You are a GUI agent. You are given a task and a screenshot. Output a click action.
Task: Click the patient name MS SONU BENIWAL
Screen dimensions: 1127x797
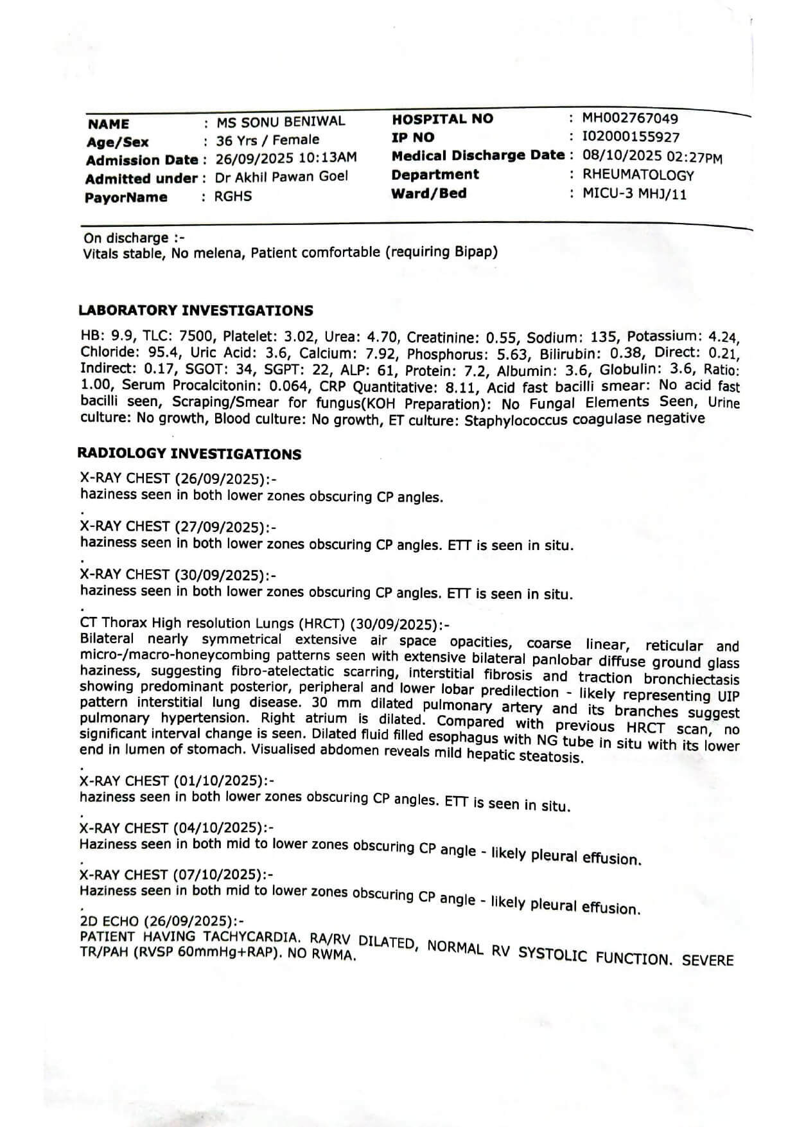280,121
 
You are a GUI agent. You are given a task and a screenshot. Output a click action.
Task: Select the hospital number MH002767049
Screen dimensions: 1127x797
629,118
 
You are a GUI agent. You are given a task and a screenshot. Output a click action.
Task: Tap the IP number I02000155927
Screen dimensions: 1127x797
630,137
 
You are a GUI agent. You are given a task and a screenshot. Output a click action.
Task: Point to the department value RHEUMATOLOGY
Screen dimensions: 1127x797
638,175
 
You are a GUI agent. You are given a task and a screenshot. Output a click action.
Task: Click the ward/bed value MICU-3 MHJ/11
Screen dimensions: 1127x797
634,194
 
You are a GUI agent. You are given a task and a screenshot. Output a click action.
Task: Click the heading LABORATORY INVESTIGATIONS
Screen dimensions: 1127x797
196,311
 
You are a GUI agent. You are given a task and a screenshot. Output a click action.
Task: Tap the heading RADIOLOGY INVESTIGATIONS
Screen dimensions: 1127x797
189,454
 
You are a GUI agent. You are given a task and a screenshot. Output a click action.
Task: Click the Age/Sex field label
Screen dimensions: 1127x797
118,142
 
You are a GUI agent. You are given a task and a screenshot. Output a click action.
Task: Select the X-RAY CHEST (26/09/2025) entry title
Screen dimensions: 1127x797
178,479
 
